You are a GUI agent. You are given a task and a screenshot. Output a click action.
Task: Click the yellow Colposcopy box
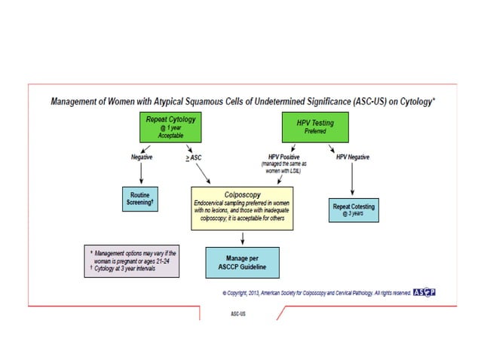242,208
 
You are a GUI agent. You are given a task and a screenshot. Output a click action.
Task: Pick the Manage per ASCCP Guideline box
242,261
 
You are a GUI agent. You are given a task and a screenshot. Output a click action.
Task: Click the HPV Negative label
353,157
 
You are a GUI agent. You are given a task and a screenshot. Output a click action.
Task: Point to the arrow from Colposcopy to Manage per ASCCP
242,237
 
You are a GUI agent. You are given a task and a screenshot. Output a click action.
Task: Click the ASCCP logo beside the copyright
424,293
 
